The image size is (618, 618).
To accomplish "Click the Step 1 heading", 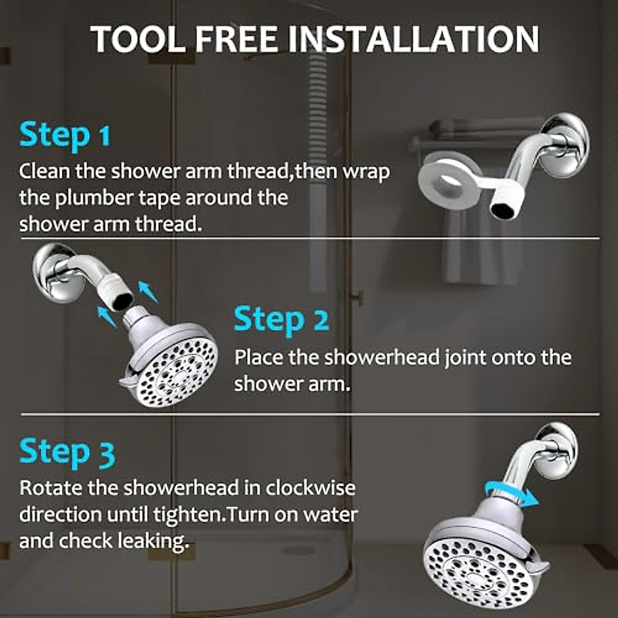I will pyautogui.click(x=65, y=135).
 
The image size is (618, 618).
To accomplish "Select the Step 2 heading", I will pyautogui.click(x=281, y=320).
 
